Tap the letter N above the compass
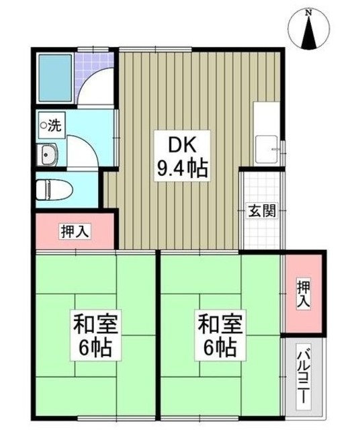(x=309, y=12)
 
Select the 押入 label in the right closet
(x=304, y=294)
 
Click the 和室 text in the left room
(x=96, y=326)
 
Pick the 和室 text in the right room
(x=220, y=326)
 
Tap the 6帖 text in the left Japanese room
(x=96, y=349)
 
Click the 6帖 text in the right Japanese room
(x=220, y=349)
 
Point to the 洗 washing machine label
(x=54, y=124)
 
